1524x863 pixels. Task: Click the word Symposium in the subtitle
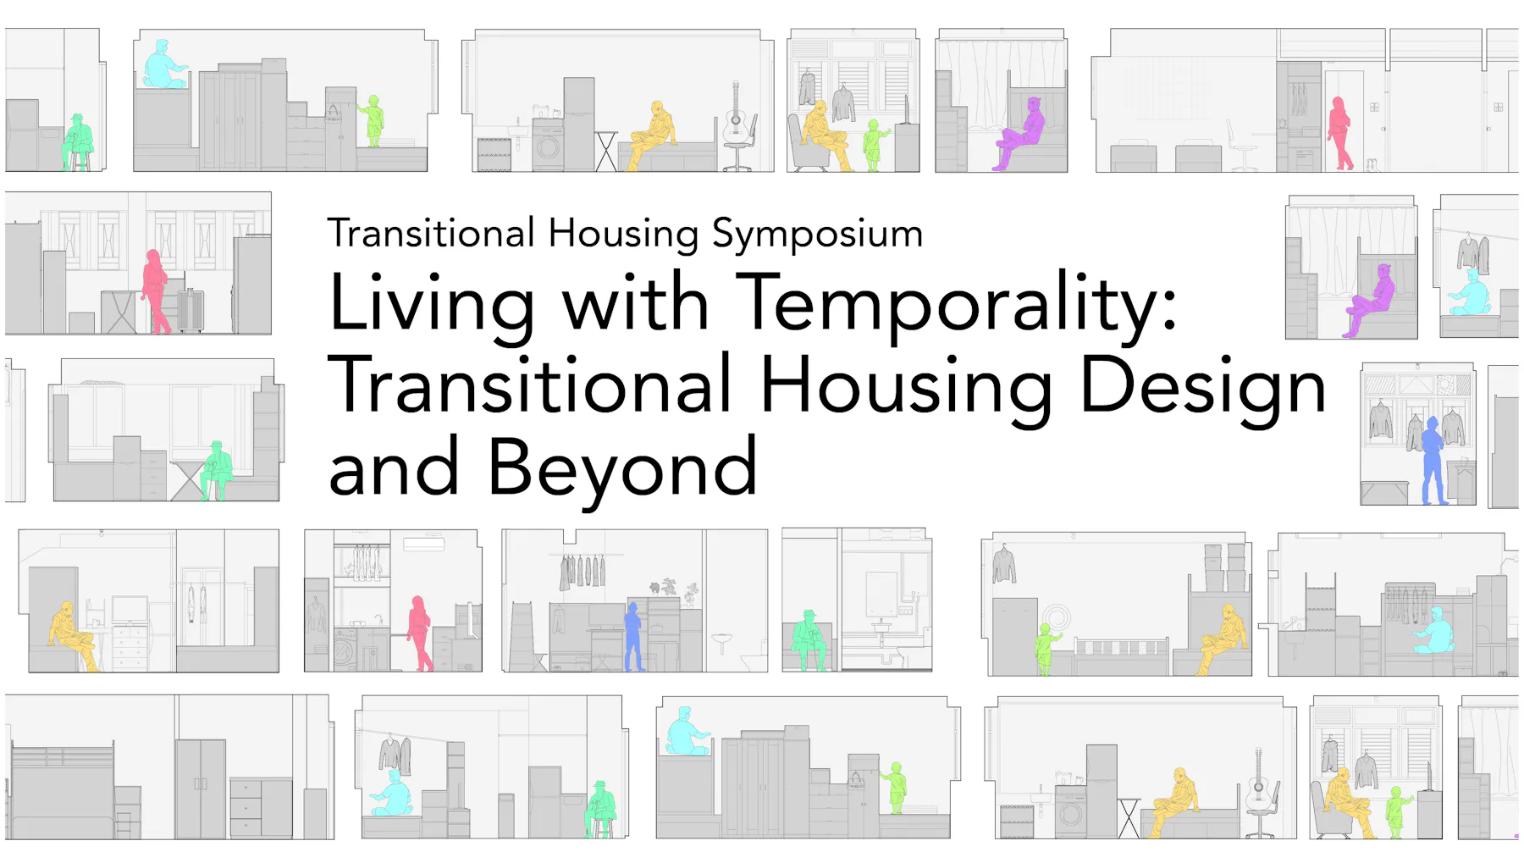click(x=817, y=235)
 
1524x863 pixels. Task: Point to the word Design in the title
click(x=1202, y=386)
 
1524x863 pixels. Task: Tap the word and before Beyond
click(x=393, y=468)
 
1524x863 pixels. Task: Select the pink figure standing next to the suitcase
click(x=155, y=290)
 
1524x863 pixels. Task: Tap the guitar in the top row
click(x=736, y=114)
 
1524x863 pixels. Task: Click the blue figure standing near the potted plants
click(x=632, y=636)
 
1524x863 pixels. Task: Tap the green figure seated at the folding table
click(x=217, y=468)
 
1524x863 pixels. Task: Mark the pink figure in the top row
click(x=1339, y=132)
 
